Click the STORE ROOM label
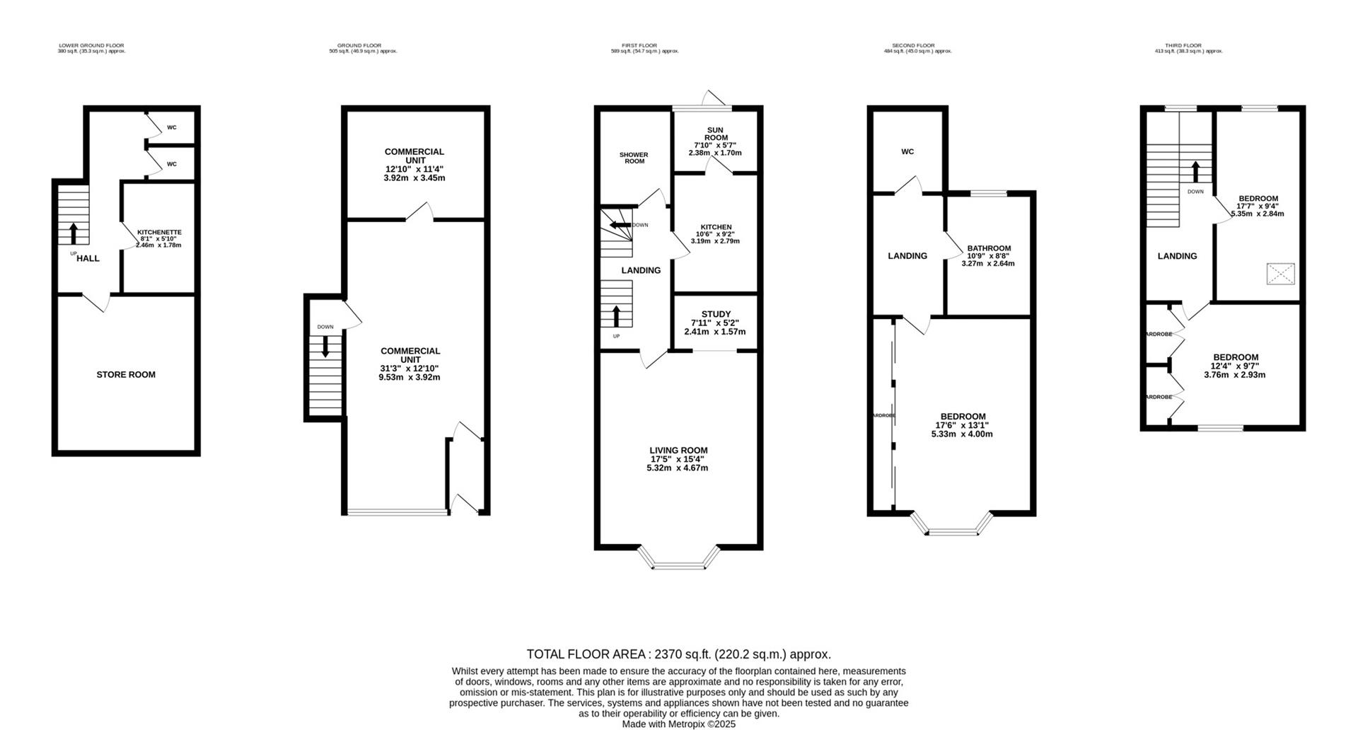click(x=126, y=375)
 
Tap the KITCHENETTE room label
click(x=159, y=232)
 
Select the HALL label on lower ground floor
click(x=88, y=259)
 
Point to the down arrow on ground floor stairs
click(x=325, y=347)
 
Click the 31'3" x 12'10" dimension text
click(x=410, y=368)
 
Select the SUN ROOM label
click(x=716, y=134)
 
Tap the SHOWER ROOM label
click(x=634, y=158)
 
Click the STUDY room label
click(x=716, y=314)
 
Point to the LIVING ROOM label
click(x=678, y=451)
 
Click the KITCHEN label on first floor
click(x=716, y=227)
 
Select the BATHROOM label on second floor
click(x=989, y=248)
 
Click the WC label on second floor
click(x=907, y=152)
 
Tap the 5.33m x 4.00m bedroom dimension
click(x=962, y=434)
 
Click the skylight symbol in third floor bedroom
click(x=1280, y=274)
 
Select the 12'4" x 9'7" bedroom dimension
click(x=1235, y=366)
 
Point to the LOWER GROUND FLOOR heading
click(x=91, y=45)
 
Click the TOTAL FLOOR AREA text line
click(x=678, y=654)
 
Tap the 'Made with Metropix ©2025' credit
click(x=678, y=724)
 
